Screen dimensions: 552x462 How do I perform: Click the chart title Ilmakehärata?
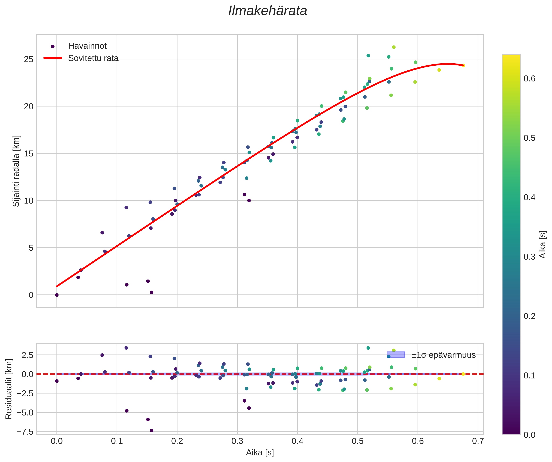click(268, 11)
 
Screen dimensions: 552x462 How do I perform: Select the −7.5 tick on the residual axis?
click(25, 432)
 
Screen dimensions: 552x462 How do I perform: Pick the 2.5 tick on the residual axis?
click(27, 355)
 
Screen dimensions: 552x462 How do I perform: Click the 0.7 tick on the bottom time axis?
click(478, 441)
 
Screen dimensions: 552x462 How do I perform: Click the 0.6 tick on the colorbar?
click(529, 79)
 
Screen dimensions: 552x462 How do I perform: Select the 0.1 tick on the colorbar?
click(529, 375)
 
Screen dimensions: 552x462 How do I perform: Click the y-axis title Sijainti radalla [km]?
click(16, 171)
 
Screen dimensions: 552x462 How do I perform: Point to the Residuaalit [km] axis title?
click(9, 389)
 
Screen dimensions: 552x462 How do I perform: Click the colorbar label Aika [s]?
click(543, 245)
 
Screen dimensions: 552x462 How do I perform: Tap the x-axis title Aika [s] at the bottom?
click(260, 453)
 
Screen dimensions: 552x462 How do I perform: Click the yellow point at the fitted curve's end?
click(463, 65)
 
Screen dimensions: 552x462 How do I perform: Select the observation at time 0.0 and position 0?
click(57, 295)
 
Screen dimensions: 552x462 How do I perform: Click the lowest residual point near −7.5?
click(152, 431)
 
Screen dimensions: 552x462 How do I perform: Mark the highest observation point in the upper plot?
click(394, 47)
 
